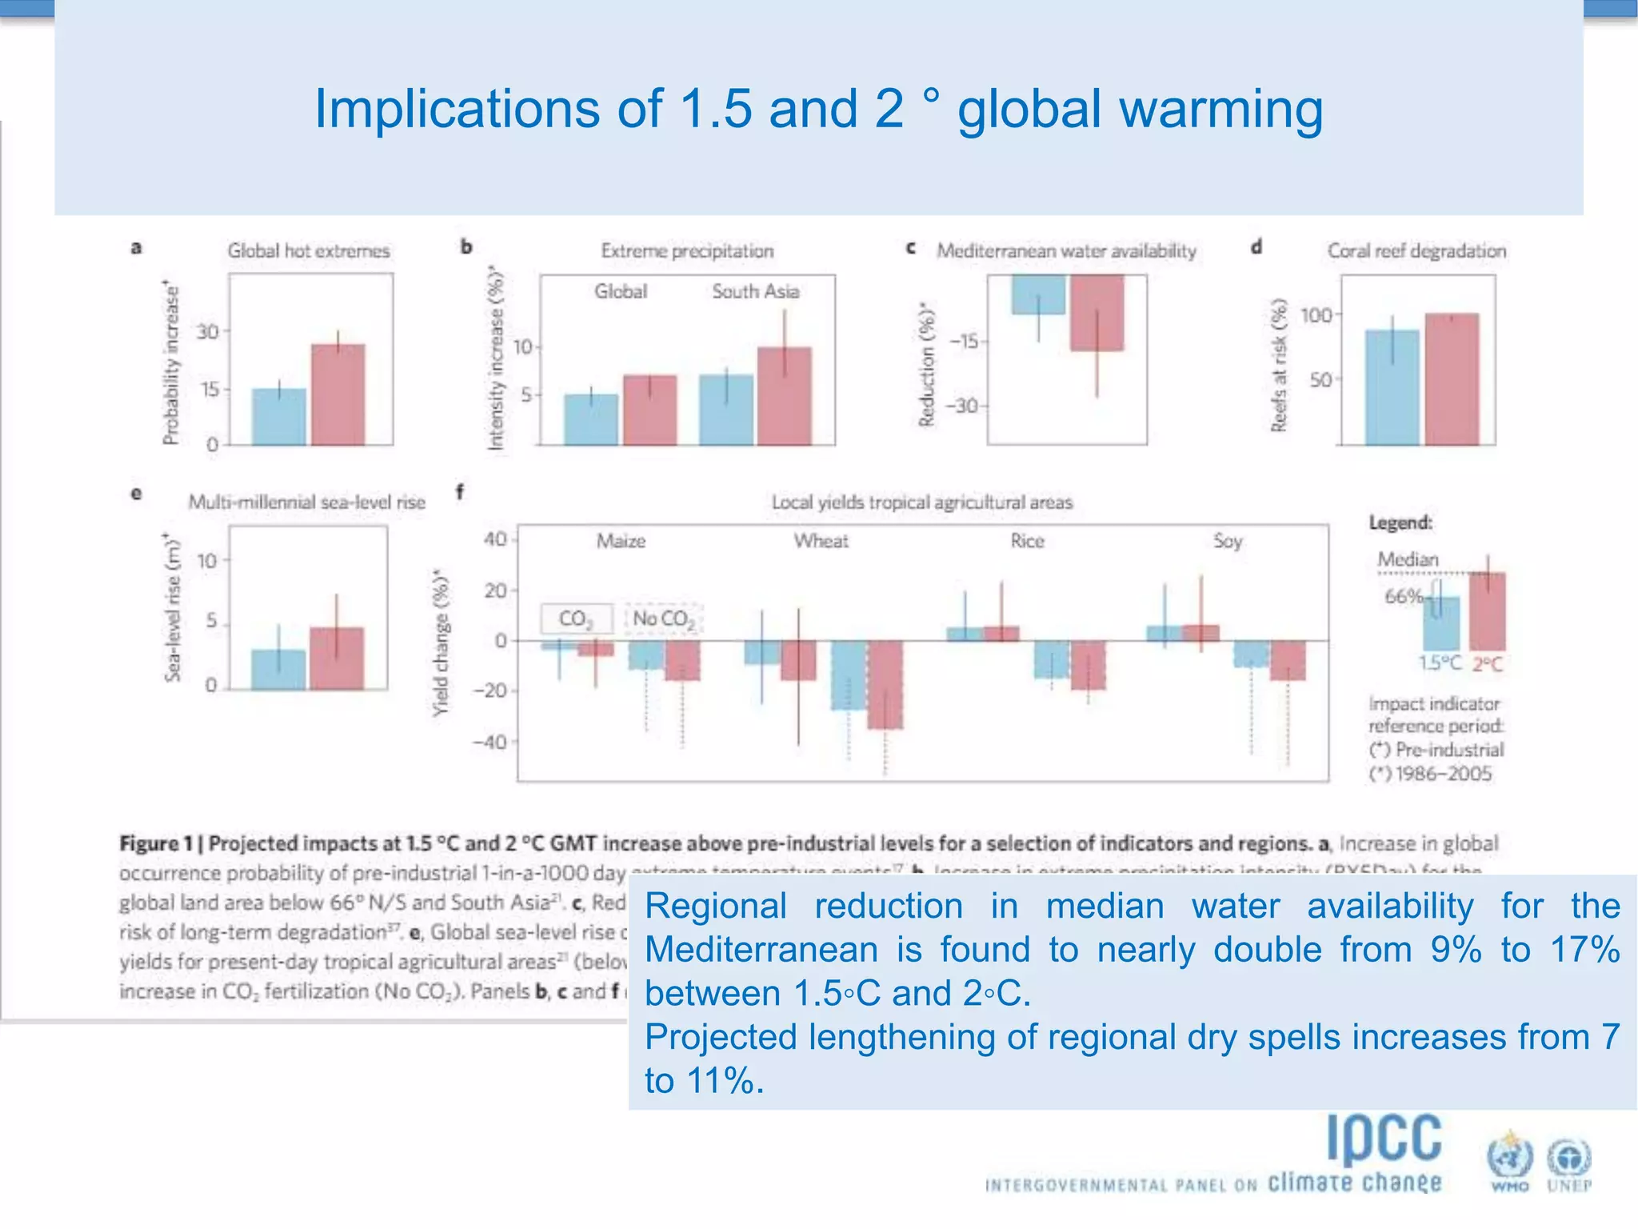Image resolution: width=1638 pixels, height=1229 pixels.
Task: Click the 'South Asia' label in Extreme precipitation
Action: pos(755,291)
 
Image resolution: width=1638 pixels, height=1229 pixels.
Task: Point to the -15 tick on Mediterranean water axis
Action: pos(966,342)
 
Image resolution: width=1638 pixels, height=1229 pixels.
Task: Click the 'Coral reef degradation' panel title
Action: pos(1416,250)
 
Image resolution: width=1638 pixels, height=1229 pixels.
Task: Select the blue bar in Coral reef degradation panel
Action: pos(1392,387)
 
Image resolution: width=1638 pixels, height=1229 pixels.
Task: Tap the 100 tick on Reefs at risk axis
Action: pos(1316,315)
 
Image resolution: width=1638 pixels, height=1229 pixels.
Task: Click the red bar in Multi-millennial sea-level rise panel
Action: pos(336,658)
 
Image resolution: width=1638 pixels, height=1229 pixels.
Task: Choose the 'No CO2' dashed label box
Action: pos(662,619)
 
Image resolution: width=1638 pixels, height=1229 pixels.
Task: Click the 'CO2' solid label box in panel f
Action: pos(576,619)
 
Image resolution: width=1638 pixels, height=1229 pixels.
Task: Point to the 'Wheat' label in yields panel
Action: pos(821,541)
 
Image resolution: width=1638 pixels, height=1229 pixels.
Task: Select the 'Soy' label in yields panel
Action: pos(1227,541)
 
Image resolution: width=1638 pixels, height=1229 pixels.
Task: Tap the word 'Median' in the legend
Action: pos(1408,559)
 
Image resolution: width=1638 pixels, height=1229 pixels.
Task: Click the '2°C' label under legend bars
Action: pos(1487,663)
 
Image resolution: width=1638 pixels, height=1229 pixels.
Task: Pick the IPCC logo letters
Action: pos(1384,1138)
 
